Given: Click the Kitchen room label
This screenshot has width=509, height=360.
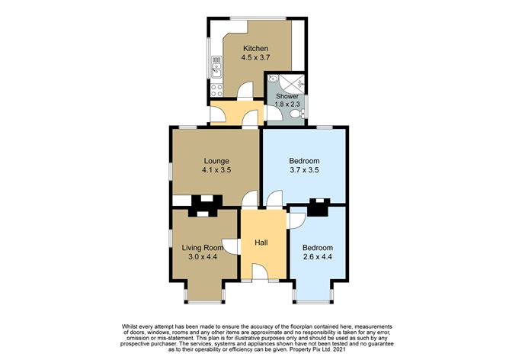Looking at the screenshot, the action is pos(256,49).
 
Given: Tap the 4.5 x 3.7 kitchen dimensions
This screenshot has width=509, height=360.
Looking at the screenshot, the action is pos(256,58).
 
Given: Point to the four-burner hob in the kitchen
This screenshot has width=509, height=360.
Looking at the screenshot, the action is pos(216,90).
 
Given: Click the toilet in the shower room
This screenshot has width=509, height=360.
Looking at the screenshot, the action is pos(297,114).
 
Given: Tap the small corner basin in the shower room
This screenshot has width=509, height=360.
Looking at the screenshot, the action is pos(273,79).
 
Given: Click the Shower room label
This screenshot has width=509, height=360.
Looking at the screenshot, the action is pos(287,97).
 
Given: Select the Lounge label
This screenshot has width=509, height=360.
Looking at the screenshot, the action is pos(216,161).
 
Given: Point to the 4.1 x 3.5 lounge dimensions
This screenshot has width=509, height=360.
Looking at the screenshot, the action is pos(216,169).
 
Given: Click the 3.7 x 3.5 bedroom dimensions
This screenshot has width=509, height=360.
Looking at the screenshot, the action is pos(304,169).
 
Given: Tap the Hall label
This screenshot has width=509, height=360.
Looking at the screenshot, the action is pos(261,243).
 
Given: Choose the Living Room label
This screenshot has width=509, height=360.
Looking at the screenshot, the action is pos(203,248).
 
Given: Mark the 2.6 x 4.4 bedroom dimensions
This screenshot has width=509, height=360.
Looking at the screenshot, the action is pos(318,257).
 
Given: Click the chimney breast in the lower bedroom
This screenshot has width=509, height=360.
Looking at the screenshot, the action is pos(319,207).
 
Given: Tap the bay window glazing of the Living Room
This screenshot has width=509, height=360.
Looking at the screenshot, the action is pos(205,302).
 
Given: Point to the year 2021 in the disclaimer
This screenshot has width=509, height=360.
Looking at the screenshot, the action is pos(340,350).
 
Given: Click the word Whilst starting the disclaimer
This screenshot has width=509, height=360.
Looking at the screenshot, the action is pos(129,326).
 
